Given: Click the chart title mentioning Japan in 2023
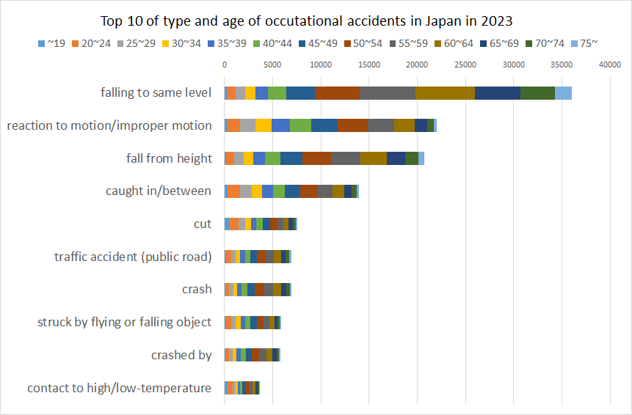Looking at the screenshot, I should click(x=316, y=21).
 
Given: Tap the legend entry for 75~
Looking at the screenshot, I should click(x=584, y=44).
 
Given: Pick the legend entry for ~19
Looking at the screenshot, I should click(x=51, y=44).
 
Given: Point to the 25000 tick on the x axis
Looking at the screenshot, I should click(x=465, y=65).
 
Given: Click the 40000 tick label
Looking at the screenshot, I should click(x=610, y=65).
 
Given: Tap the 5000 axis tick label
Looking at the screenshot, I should click(x=272, y=65).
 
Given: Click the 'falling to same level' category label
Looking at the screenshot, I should click(x=156, y=92).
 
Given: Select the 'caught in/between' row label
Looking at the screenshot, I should click(x=159, y=191).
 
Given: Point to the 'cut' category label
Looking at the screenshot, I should click(x=203, y=224).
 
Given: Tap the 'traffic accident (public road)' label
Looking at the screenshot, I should click(x=133, y=257).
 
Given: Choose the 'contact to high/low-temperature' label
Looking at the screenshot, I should click(x=120, y=388).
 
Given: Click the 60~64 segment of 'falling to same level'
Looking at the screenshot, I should click(x=445, y=92).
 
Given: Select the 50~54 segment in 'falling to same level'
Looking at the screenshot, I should click(x=337, y=92).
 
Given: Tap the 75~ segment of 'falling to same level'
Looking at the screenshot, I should click(x=563, y=92).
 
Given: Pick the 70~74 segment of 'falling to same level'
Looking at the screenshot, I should click(x=537, y=92).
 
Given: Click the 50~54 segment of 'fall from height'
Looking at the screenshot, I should click(x=316, y=158).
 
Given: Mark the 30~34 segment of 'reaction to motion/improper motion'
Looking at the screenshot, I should click(x=263, y=125).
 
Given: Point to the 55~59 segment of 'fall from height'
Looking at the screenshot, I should click(x=346, y=158).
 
